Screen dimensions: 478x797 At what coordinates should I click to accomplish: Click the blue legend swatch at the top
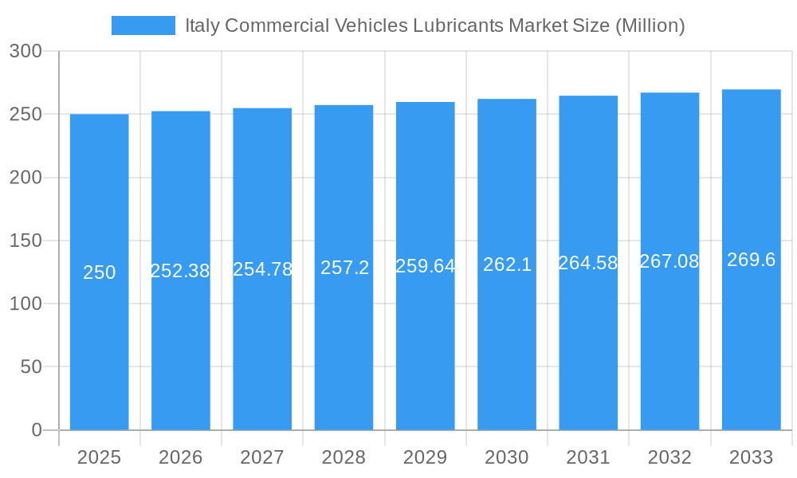coord(143,25)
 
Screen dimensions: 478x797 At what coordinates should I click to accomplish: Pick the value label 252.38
coord(180,271)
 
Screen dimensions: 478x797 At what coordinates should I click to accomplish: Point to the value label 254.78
coord(262,269)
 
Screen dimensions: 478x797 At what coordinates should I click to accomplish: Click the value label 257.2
coord(344,268)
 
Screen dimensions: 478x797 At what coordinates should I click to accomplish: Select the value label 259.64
coord(425,266)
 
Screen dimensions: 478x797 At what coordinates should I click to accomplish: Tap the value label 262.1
coord(507,264)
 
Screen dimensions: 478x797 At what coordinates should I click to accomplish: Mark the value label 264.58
coord(588,263)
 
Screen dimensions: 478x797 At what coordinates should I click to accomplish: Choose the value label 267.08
coord(669,261)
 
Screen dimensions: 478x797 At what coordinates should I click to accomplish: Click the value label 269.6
coord(751,260)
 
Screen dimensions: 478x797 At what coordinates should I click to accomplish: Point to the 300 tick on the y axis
coord(26,51)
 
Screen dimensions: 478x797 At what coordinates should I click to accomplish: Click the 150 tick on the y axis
coord(26,241)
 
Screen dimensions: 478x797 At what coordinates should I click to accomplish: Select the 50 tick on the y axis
coord(30,367)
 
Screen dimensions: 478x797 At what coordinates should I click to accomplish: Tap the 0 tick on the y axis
coord(36,430)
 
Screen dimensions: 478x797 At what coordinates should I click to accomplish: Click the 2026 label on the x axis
coord(181,457)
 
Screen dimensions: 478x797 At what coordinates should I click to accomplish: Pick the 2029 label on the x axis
coord(425,457)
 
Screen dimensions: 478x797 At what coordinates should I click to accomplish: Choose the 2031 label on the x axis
coord(588,457)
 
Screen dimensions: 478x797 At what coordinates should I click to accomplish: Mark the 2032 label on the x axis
coord(669,457)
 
